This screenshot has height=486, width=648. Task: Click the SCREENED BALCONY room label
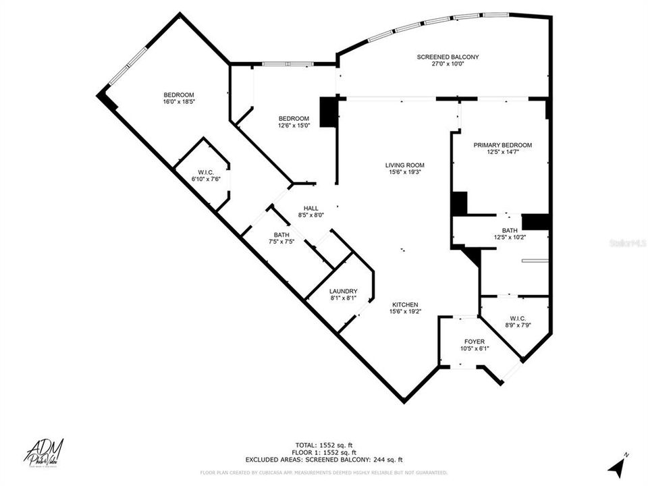coord(448,57)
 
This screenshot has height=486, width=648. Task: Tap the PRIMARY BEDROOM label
coord(502,145)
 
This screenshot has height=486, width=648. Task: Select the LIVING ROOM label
coord(405,165)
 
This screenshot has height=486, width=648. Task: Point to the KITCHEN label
coord(405,304)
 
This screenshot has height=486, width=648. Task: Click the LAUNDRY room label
coord(344,291)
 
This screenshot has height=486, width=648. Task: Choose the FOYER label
coord(474,342)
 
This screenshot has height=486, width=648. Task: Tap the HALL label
coord(311,209)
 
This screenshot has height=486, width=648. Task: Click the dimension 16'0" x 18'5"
coord(179,102)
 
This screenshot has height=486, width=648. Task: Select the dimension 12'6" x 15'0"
coord(294,125)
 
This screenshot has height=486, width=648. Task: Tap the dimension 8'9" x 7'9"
coord(518,325)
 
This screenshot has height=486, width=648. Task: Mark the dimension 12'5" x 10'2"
coord(510,237)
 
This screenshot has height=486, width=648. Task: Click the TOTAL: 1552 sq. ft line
coord(326,445)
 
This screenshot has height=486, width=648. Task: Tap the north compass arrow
coord(616,467)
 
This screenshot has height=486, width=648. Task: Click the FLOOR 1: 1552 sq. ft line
coord(326,452)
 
